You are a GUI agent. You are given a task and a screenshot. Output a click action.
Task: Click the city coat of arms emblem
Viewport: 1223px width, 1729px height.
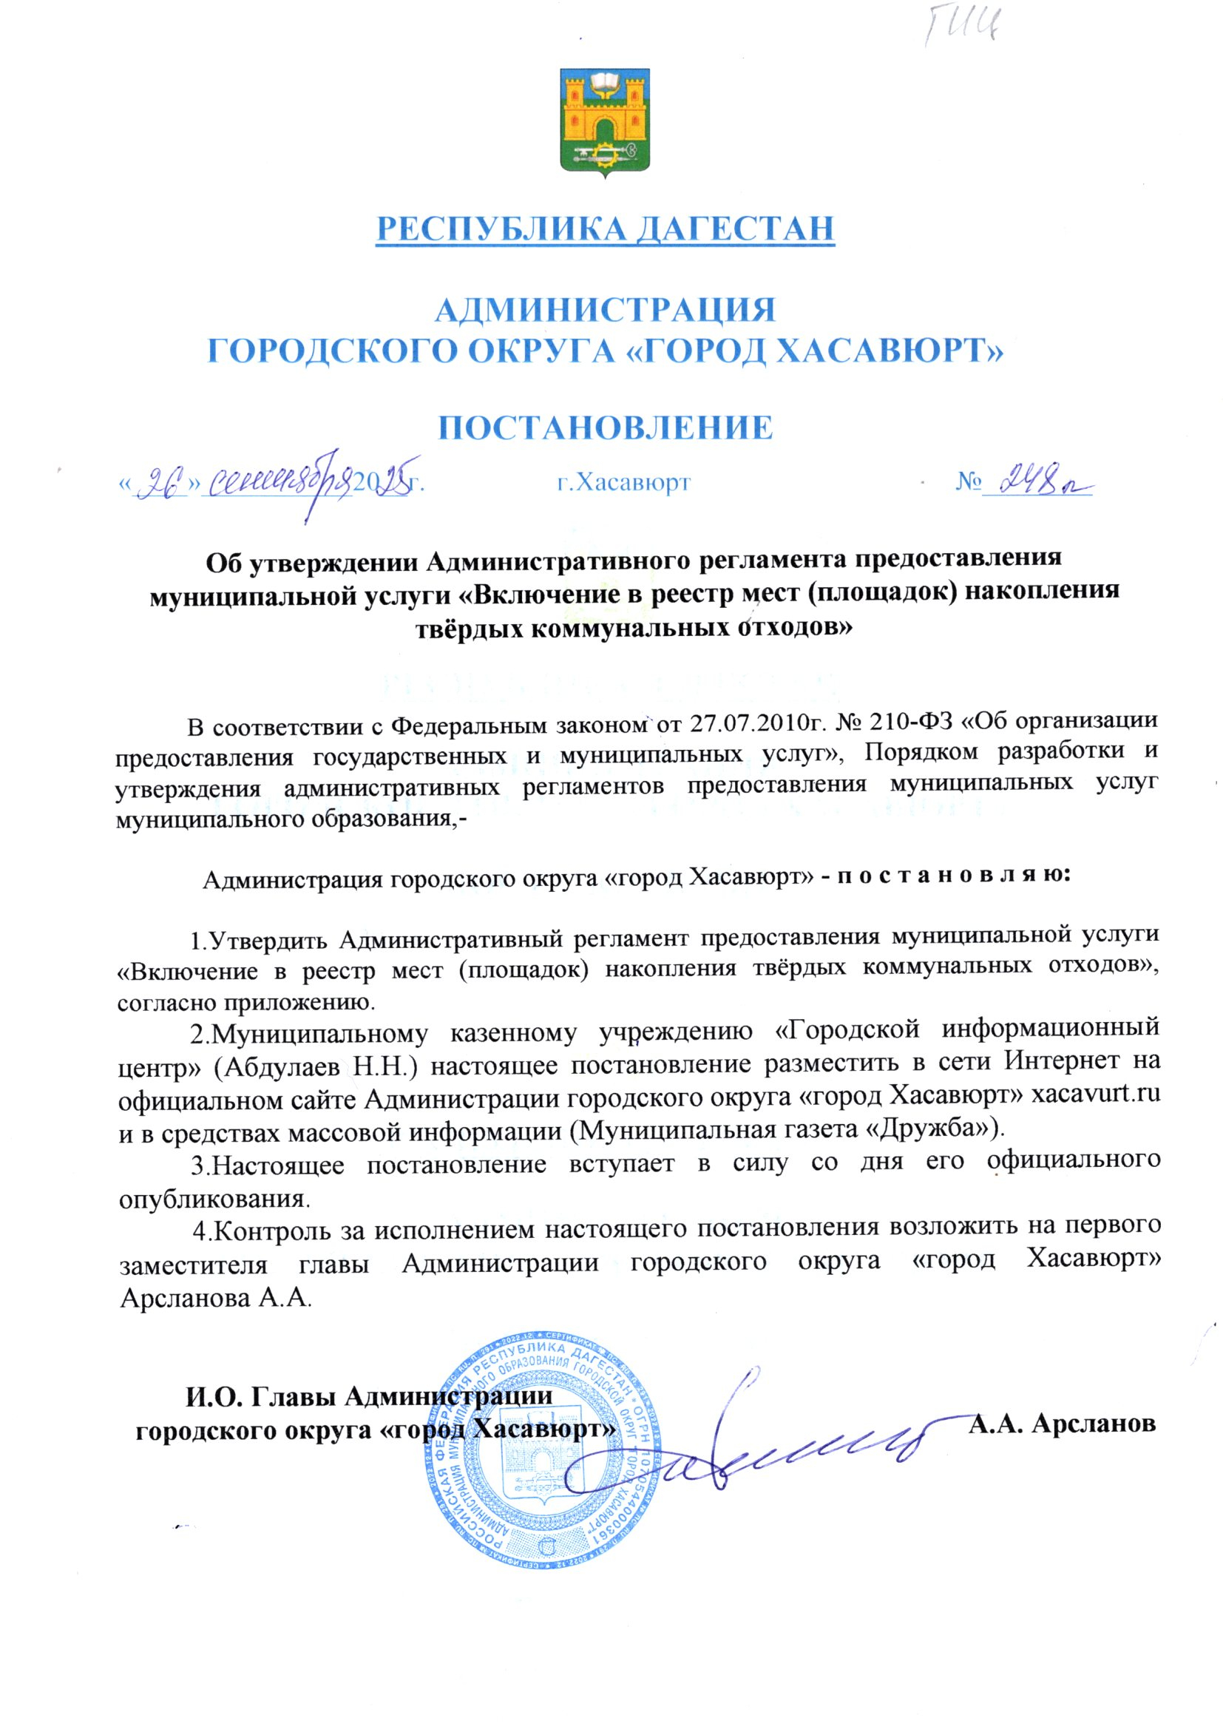click(x=605, y=122)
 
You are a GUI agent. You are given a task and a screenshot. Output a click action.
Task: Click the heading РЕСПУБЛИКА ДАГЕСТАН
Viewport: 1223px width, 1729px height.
click(x=606, y=229)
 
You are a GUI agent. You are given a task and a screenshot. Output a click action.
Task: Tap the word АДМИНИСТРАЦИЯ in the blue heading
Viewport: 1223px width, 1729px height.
click(x=606, y=310)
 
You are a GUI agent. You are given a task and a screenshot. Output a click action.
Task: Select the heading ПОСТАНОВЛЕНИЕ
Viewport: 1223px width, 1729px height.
click(x=606, y=427)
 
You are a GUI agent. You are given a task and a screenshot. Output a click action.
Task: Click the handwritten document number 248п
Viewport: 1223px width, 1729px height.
click(x=1037, y=480)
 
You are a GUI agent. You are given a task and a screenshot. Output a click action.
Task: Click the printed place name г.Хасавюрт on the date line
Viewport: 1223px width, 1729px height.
click(x=623, y=482)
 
